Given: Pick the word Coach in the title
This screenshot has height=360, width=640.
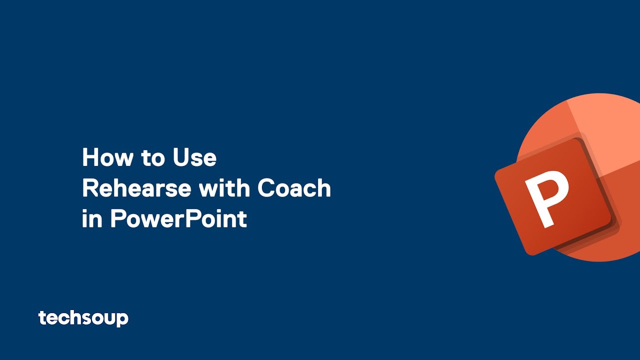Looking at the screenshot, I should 294,188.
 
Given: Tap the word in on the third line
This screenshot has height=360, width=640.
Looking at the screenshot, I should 92,219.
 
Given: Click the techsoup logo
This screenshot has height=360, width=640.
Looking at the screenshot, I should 83,318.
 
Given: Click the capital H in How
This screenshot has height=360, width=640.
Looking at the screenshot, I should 90,157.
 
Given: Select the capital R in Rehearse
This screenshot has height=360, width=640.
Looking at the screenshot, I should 90,188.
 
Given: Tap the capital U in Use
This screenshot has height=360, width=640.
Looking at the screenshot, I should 181,157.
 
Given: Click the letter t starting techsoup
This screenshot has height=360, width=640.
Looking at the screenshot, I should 42,317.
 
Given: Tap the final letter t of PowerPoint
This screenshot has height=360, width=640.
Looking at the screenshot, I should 243,219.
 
